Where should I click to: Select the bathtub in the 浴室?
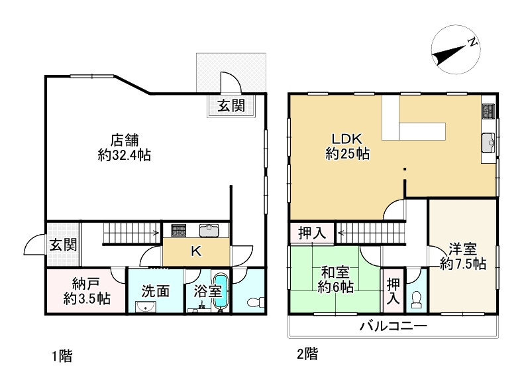(220, 290)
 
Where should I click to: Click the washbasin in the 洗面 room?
(145, 306)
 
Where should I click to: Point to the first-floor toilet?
(256, 302)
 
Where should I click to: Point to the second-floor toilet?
(417, 300)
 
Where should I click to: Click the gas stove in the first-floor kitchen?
(178, 230)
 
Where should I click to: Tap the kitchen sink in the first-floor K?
(209, 230)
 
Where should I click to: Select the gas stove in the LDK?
(488, 111)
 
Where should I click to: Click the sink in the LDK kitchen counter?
(488, 143)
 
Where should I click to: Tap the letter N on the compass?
(472, 42)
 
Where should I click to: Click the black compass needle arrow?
(449, 55)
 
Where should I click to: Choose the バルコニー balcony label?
(393, 326)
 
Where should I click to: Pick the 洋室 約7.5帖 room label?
(463, 256)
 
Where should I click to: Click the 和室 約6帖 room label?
(335, 280)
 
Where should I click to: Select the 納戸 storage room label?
(87, 291)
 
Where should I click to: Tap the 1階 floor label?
(62, 356)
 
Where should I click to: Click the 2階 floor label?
(307, 354)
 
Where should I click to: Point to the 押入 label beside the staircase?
(312, 233)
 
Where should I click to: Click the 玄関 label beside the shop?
(231, 105)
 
